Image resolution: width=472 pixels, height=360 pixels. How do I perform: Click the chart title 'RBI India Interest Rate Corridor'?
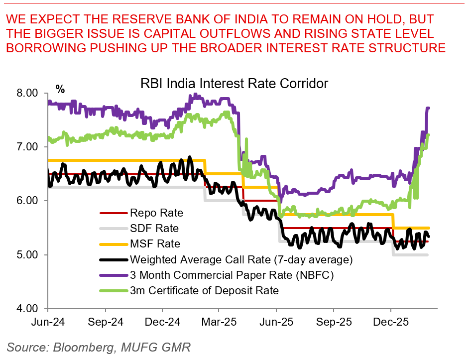(x=234, y=83)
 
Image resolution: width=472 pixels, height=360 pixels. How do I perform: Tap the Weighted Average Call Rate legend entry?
(x=241, y=259)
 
